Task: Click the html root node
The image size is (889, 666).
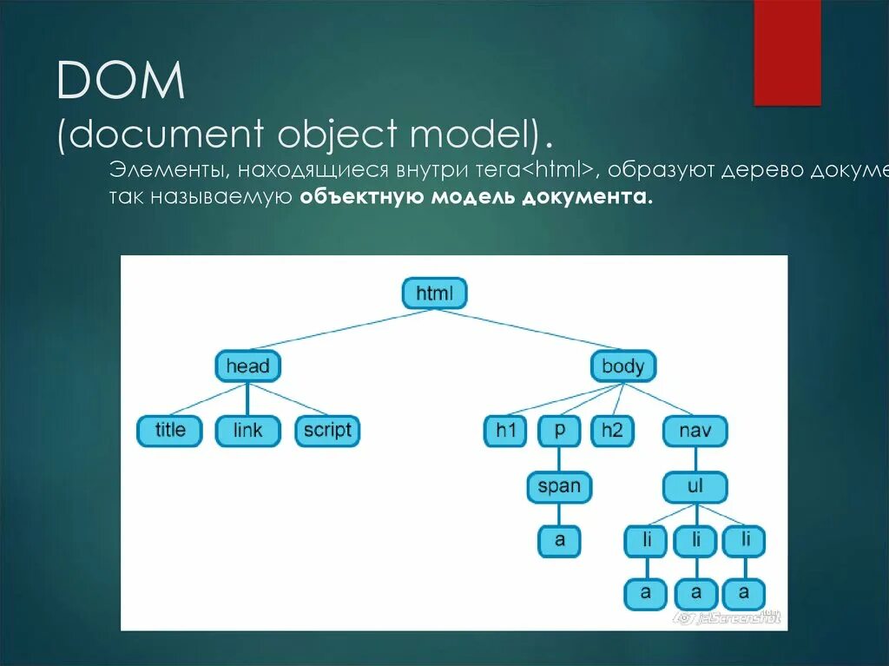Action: click(x=434, y=293)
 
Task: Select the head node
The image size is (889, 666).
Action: click(x=247, y=366)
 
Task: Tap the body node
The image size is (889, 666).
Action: click(x=622, y=366)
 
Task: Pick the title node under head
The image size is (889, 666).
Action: click(x=169, y=430)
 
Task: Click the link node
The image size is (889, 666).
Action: click(x=247, y=431)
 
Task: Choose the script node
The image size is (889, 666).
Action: click(x=327, y=430)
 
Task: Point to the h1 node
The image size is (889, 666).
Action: click(x=505, y=431)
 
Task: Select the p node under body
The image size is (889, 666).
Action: click(x=559, y=431)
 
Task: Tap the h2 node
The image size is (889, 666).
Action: click(x=612, y=431)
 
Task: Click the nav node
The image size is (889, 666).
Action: click(x=695, y=431)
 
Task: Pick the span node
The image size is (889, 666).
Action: click(x=559, y=486)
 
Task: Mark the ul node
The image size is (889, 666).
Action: click(x=695, y=486)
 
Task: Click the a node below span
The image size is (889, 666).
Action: click(x=559, y=540)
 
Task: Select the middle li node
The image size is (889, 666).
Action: click(x=695, y=540)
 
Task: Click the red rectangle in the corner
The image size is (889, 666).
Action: click(x=787, y=52)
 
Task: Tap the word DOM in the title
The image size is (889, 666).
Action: click(x=121, y=82)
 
